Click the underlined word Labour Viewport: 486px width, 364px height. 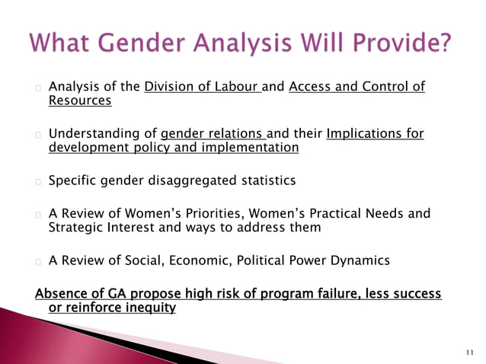[237, 87]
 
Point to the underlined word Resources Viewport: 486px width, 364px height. [80, 101]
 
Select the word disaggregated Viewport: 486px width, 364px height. [190, 181]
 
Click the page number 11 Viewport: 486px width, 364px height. [468, 353]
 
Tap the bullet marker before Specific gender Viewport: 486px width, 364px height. [37, 182]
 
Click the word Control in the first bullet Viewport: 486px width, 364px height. [367, 87]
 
